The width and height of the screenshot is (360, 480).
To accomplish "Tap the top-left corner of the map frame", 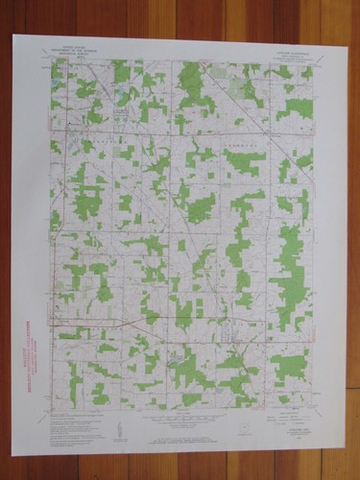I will (50, 61).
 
